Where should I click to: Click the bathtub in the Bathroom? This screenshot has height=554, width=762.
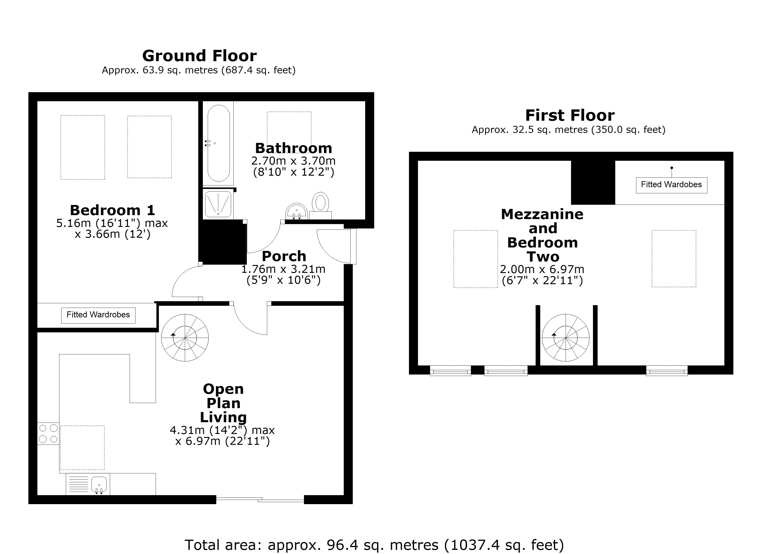coord(218,143)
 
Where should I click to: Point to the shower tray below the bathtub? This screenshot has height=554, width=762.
coord(218,204)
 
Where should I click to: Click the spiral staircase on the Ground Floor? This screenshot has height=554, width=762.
coord(185,338)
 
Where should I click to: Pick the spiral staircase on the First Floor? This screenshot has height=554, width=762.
coord(565,338)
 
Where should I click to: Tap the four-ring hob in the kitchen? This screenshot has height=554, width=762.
coord(48,434)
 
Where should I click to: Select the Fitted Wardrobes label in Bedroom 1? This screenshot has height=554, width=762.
coord(98,315)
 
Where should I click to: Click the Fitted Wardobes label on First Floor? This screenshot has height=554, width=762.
coord(671,185)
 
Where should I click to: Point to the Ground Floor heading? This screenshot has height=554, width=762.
coord(200,56)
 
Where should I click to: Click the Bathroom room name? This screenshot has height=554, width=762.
coord(293,148)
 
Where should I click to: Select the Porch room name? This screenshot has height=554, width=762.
coord(284,256)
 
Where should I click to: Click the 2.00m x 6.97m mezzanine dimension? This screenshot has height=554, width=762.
coord(542,269)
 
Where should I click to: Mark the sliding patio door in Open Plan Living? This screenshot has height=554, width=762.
coord(260,500)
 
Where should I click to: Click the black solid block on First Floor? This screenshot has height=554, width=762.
coord(593,182)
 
